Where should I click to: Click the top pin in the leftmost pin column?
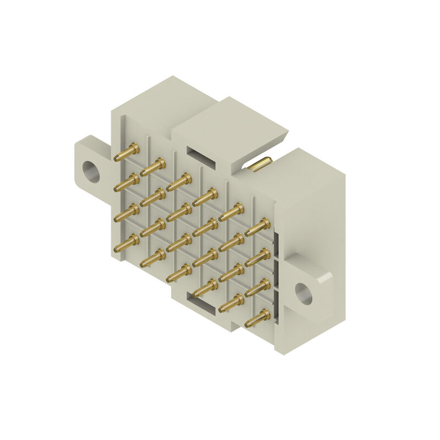point(127,151)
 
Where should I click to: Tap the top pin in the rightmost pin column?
point(257,226)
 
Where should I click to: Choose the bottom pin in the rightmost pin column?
point(257,317)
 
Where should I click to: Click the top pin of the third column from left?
point(179,181)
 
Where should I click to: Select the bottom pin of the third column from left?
point(179,272)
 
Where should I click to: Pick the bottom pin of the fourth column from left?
point(205,287)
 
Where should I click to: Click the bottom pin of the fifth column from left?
point(231,302)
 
